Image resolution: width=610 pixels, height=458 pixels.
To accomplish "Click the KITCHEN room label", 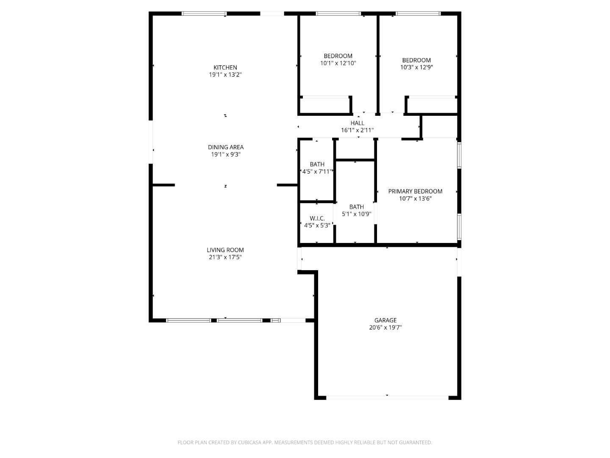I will pyautogui.click(x=225, y=67).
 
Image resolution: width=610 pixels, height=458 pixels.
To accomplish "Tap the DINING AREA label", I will pyautogui.click(x=225, y=147).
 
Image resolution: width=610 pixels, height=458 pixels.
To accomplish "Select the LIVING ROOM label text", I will pyautogui.click(x=225, y=250).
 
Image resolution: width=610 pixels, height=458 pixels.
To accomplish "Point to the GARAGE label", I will pyautogui.click(x=385, y=321).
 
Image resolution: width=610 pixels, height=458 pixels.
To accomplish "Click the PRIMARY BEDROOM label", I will pyautogui.click(x=415, y=191).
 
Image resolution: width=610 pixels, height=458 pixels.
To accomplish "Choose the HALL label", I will pyautogui.click(x=357, y=123).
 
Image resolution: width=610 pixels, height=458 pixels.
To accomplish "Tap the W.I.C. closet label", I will pyautogui.click(x=317, y=218).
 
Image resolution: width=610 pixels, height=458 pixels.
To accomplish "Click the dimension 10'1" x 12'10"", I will pyautogui.click(x=338, y=63).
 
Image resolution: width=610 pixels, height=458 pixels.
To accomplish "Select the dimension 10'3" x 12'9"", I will pyautogui.click(x=416, y=67).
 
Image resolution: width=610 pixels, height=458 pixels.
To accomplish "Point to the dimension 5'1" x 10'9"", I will pyautogui.click(x=356, y=214).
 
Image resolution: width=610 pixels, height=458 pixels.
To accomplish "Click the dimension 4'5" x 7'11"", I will pyautogui.click(x=317, y=171).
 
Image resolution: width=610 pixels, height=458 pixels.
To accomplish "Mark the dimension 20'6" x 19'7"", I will pyautogui.click(x=385, y=327).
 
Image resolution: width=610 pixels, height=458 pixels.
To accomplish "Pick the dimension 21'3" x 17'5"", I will pyautogui.click(x=225, y=257).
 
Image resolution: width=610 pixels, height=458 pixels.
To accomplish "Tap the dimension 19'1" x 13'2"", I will pyautogui.click(x=225, y=75).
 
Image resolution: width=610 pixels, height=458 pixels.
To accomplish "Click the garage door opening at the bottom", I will pyautogui.click(x=387, y=397).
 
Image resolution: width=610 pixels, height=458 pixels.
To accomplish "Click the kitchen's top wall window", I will pyautogui.click(x=204, y=14).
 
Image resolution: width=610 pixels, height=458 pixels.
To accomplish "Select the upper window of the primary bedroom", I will pyautogui.click(x=459, y=156).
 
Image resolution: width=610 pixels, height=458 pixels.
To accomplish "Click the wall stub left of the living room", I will pyautogui.click(x=164, y=185).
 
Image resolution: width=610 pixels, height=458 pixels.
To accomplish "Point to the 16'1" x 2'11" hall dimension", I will pyautogui.click(x=357, y=130).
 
